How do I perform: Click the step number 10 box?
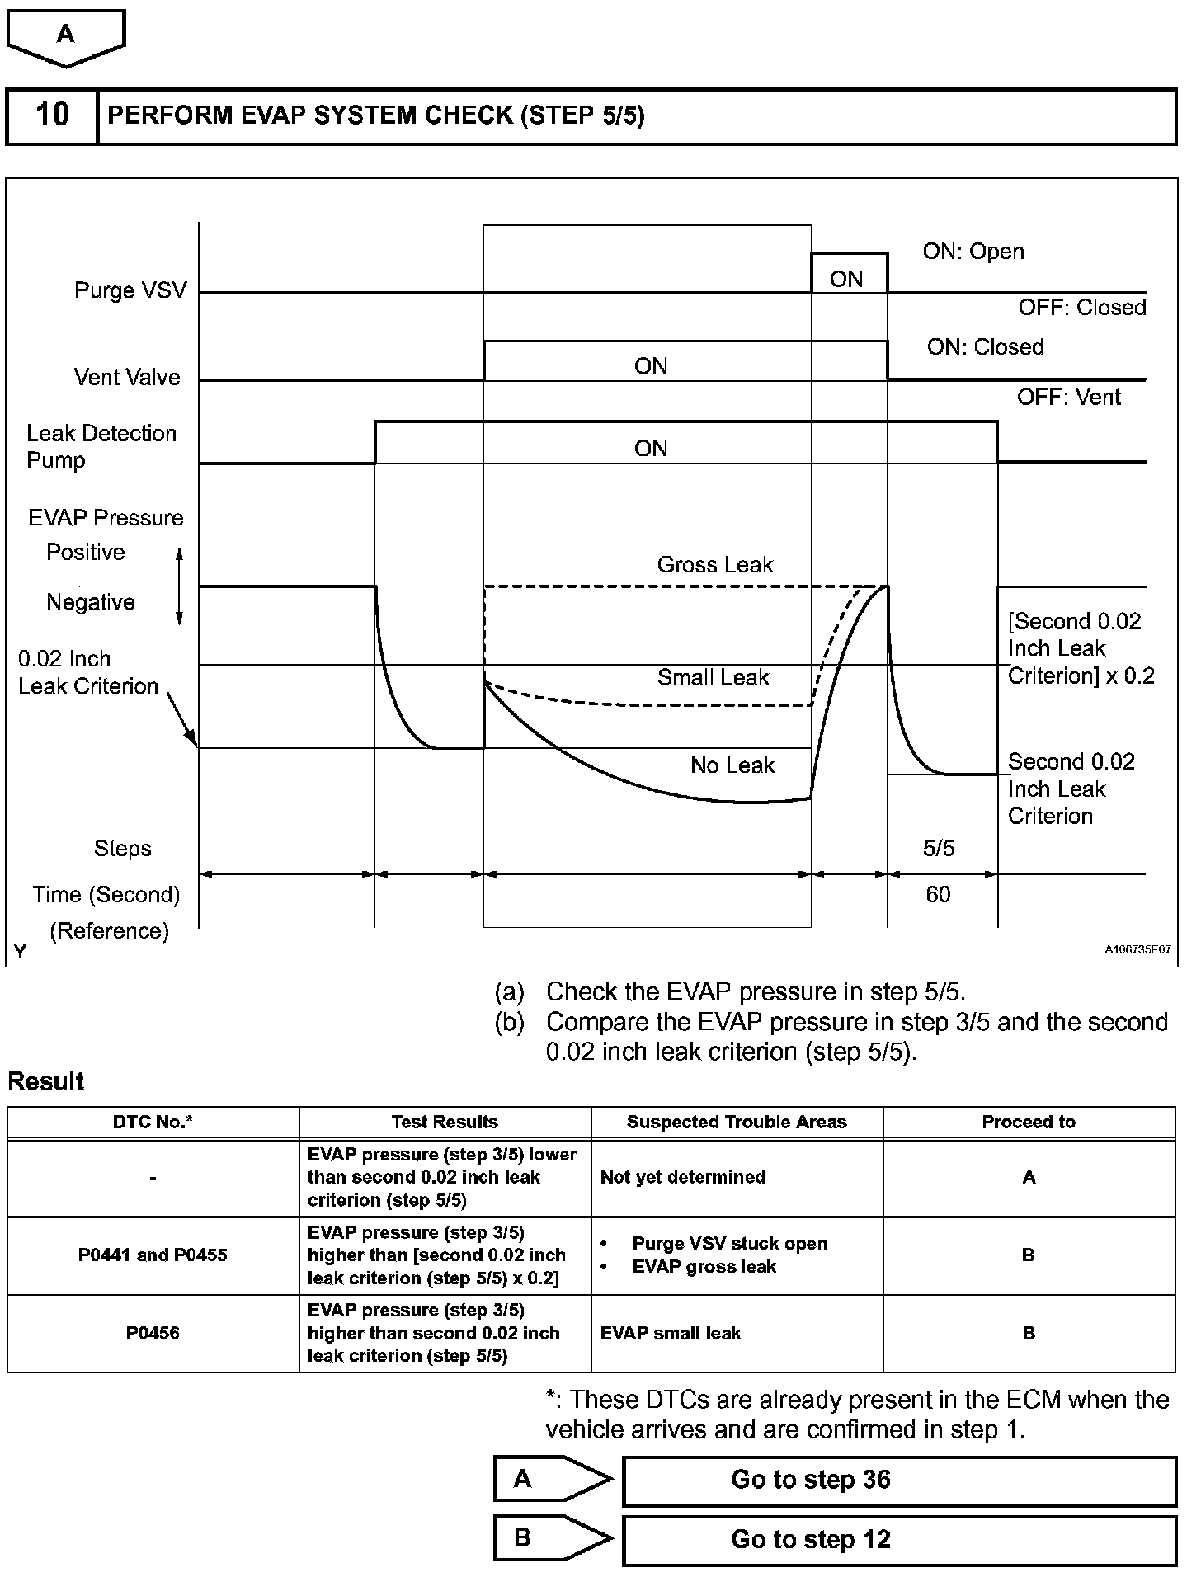52,115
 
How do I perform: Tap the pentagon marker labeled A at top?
66,35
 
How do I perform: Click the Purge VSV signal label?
130,290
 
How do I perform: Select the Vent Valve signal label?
127,377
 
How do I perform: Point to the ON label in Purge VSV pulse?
846,279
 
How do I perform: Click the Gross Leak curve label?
714,565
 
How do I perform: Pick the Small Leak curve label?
713,677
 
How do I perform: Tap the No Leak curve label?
732,765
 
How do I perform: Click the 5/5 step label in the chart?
939,849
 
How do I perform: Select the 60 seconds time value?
938,895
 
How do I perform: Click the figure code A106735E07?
1137,950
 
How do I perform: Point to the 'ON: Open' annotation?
973,252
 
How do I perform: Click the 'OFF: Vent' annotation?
1068,398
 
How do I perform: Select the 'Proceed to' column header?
1029,1122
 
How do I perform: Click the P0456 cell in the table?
153,1333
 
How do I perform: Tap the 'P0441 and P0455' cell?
153,1255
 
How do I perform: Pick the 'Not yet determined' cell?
683,1177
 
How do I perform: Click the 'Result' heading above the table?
46,1081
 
